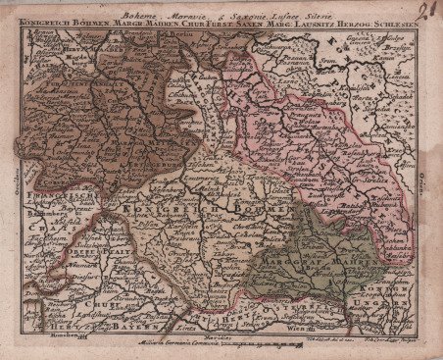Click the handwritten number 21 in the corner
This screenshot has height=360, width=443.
point(427,9)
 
